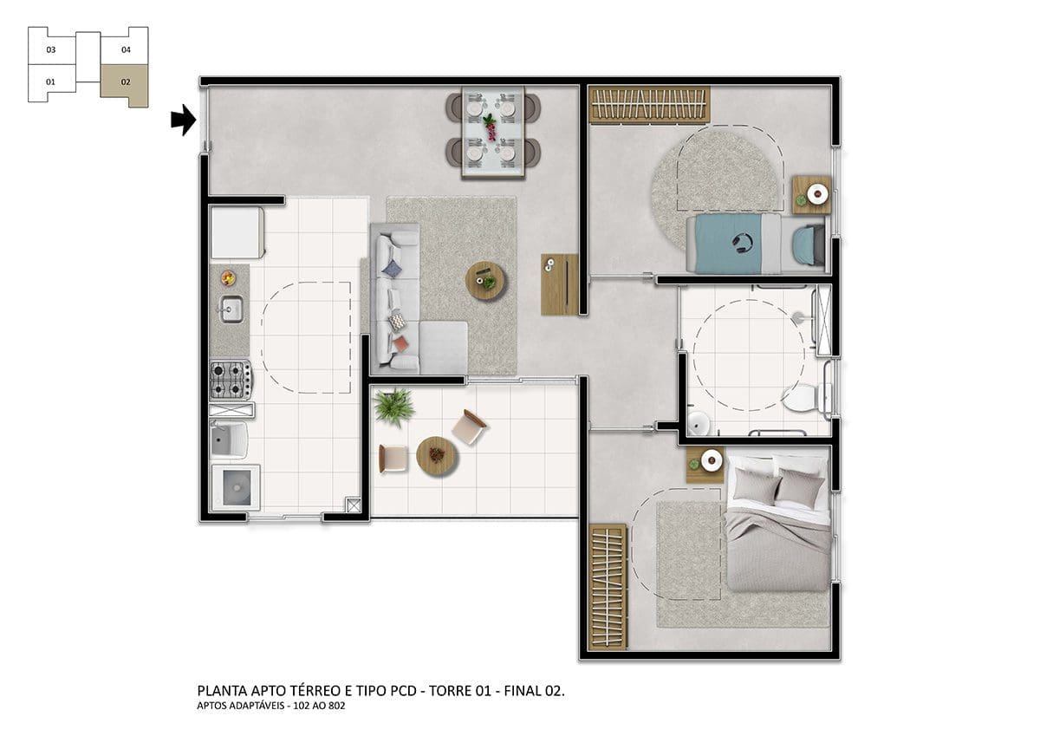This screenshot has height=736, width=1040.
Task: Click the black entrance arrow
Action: (x=184, y=120)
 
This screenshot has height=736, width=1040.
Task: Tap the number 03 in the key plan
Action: (x=50, y=49)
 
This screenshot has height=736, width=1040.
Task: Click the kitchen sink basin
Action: (x=231, y=309)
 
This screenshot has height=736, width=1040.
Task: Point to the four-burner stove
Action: (x=231, y=380)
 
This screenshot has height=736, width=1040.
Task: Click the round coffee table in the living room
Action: (x=486, y=281)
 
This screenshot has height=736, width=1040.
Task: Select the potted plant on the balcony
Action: (x=394, y=407)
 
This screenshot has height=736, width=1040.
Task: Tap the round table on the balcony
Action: (x=437, y=455)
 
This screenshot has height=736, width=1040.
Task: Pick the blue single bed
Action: (x=757, y=244)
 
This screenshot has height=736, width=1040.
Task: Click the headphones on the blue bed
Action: (x=742, y=244)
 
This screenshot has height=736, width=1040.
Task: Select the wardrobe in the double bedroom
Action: (x=608, y=587)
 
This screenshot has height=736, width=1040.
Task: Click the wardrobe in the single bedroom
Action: (x=649, y=105)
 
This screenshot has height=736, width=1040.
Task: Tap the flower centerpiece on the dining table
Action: (x=490, y=127)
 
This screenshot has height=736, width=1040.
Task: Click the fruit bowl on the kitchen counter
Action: (x=227, y=278)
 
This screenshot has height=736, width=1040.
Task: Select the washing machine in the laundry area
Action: (x=237, y=487)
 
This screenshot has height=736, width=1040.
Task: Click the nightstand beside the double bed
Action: (x=705, y=465)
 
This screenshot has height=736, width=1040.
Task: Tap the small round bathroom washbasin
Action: (x=699, y=423)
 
